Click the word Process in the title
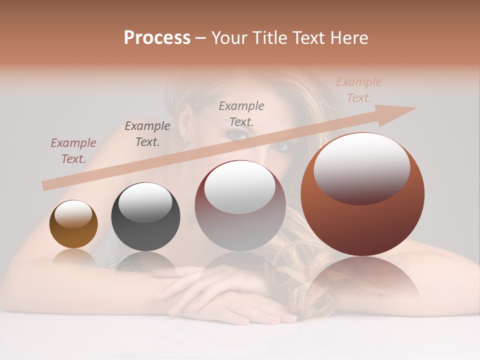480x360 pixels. pos(157,38)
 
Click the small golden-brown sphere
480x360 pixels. pos(73,224)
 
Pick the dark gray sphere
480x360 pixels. pos(145,217)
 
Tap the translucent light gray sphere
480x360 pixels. pos(240,205)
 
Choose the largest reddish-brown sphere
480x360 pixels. pos(362,194)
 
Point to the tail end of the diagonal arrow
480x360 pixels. pos(45,185)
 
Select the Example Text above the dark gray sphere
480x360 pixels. pos(147,134)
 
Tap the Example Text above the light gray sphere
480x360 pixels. pos(241,114)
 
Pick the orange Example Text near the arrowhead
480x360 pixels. pos(359,90)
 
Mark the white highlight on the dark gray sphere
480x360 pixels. pos(145,201)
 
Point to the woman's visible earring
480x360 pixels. pos(187,144)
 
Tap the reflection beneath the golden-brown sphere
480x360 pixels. pos(73,257)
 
